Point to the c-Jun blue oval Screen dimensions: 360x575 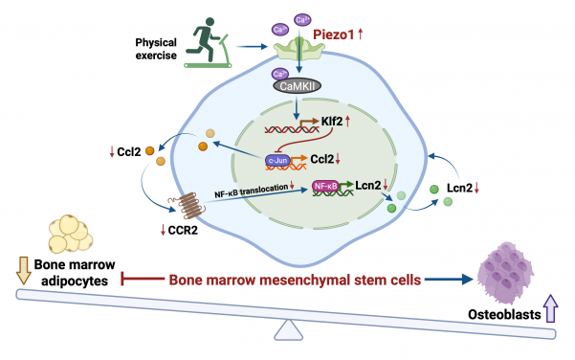pos(276,161)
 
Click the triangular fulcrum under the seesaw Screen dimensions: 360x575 pos(287,330)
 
